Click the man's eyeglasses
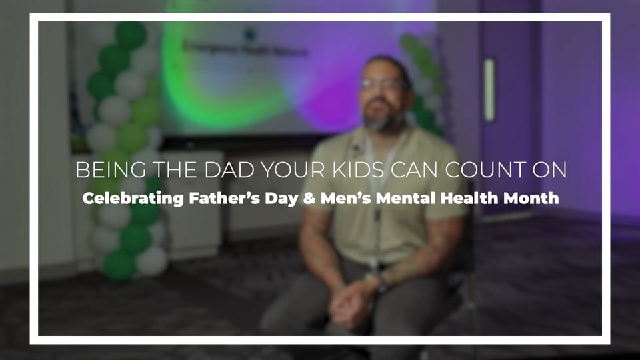click(x=383, y=85)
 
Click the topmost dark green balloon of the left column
click(x=131, y=34)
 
